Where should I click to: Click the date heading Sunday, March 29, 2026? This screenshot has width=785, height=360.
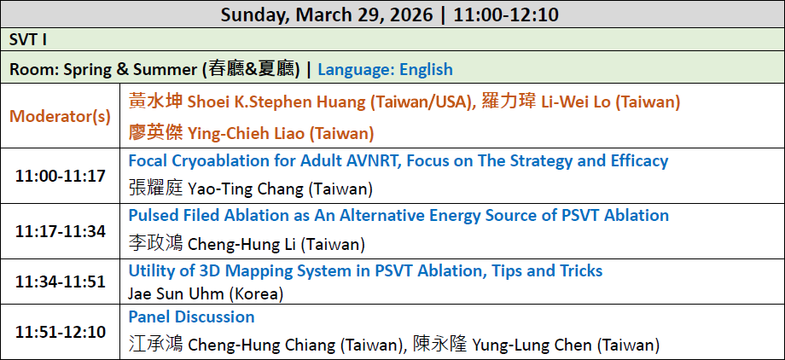click(x=327, y=15)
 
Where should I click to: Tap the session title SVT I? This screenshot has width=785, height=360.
click(x=28, y=40)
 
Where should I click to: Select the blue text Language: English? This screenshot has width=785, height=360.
click(x=385, y=69)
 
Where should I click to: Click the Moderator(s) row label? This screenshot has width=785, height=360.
click(x=60, y=116)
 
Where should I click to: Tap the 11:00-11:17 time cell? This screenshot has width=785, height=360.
click(x=60, y=177)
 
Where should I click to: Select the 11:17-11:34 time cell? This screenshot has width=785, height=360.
click(x=60, y=231)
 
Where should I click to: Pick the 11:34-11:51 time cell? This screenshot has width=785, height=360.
click(x=60, y=282)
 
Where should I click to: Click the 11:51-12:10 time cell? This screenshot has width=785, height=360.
click(x=60, y=332)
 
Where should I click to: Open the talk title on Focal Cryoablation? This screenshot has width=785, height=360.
click(x=398, y=160)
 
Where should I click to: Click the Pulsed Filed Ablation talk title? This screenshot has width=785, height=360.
click(x=398, y=215)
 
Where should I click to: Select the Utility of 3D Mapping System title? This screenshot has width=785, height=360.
click(x=365, y=271)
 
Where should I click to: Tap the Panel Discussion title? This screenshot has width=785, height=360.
click(x=191, y=316)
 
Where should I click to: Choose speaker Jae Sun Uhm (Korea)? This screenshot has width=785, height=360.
click(x=206, y=294)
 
